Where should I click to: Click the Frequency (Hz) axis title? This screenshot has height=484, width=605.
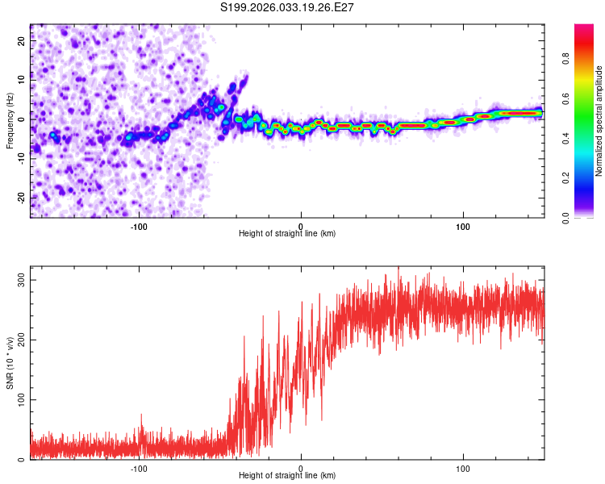pyautogui.click(x=10, y=120)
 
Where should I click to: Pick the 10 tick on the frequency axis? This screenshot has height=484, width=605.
pyautogui.click(x=22, y=81)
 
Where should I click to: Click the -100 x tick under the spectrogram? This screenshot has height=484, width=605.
pyautogui.click(x=138, y=225)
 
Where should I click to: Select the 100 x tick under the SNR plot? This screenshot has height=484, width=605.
pyautogui.click(x=463, y=467)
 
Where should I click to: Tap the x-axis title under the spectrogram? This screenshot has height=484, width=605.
pyautogui.click(x=287, y=234)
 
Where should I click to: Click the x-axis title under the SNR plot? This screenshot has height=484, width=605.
pyautogui.click(x=287, y=476)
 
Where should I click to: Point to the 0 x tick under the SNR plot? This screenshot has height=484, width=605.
pyautogui.click(x=301, y=467)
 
